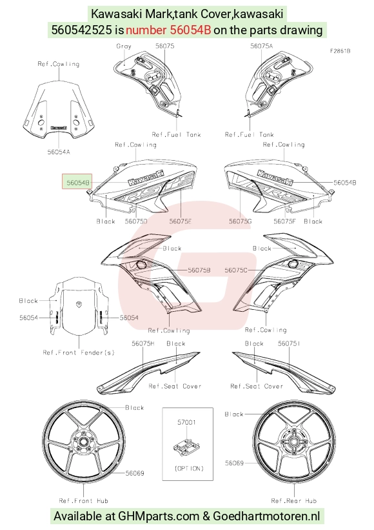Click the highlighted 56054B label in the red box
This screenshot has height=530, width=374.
(78, 183)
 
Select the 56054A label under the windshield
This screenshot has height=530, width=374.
(59, 152)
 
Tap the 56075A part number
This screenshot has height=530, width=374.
(261, 46)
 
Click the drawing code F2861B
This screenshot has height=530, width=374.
(340, 51)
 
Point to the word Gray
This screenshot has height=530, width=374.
(124, 46)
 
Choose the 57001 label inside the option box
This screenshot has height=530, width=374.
(186, 422)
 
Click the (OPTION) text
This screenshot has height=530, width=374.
(189, 469)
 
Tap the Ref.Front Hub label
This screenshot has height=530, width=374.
(83, 500)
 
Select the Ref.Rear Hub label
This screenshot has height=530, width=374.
(293, 500)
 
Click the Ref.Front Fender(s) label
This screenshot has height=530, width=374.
(79, 352)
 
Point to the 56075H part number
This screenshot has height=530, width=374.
(143, 343)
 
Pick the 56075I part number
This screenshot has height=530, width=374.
(289, 343)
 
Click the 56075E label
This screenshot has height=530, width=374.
(181, 221)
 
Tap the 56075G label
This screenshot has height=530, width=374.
(241, 221)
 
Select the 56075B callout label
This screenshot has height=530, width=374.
(199, 270)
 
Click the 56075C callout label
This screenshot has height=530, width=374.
(236, 270)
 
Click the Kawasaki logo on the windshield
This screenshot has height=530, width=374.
(59, 128)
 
